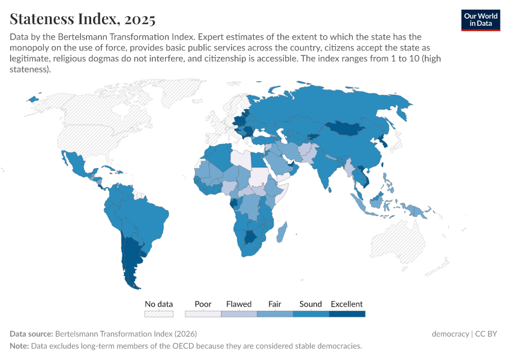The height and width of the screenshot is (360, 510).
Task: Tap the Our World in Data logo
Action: click(480, 20)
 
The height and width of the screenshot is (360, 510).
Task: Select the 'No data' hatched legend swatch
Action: click(159, 313)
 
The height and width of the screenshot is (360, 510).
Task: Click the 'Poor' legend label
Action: click(203, 304)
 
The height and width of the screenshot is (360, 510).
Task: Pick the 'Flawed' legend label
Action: click(239, 304)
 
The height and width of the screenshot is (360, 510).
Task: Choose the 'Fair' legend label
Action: click(275, 304)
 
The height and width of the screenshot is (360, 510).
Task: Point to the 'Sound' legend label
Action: click(311, 304)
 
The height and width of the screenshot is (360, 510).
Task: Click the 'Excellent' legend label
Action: click(347, 304)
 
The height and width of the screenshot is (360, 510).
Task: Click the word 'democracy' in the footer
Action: click(450, 334)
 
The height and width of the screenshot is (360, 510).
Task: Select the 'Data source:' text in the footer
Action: click(31, 334)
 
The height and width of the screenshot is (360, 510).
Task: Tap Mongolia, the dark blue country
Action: click(348, 128)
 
